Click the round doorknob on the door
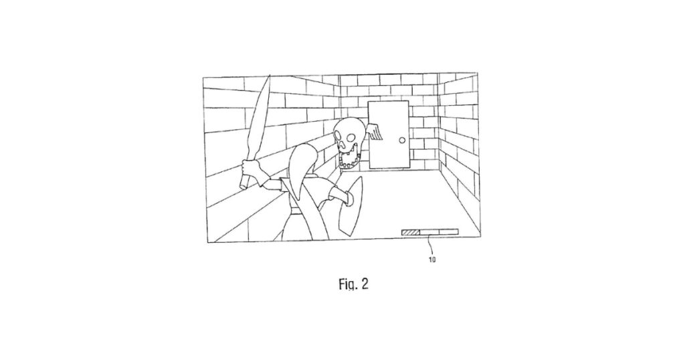point(402,141)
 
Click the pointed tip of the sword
point(269,76)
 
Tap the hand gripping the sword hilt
point(252,172)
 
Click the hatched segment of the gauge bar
point(411,232)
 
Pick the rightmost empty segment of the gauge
point(449,232)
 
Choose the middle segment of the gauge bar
point(429,232)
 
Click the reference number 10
point(432,260)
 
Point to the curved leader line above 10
point(432,245)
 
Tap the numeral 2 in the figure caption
point(365,284)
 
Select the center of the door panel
point(389,134)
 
